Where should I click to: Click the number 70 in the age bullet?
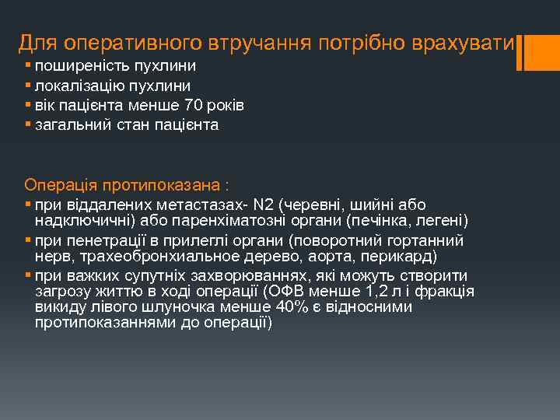194,105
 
